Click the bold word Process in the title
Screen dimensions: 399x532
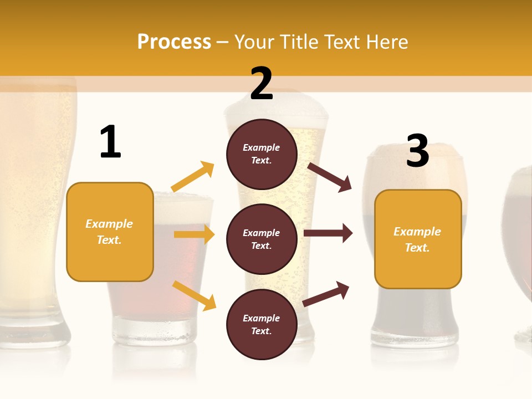click(174, 42)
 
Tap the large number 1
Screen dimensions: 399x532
click(110, 142)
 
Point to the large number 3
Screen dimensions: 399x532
click(417, 151)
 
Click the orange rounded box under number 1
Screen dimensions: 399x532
click(110, 232)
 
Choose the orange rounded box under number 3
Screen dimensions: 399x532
click(418, 239)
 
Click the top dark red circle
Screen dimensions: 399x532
click(262, 154)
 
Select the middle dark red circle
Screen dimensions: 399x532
click(262, 239)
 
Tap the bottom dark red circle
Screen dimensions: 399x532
click(262, 324)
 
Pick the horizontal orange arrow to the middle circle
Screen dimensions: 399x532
click(194, 234)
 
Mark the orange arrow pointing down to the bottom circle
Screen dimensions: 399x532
click(194, 295)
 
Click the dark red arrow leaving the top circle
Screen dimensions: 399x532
click(330, 177)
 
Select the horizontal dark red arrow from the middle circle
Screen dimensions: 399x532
click(328, 233)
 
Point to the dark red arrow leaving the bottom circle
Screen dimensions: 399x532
click(326, 294)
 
